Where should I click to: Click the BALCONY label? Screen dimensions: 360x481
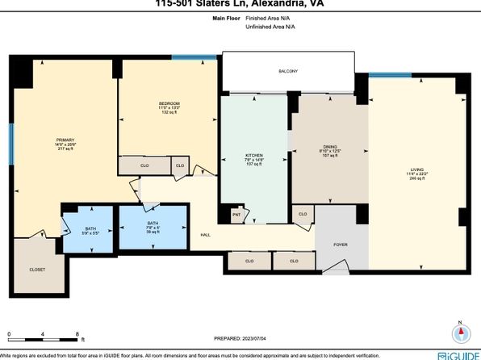pos(288,72)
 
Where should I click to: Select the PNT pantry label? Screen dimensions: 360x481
pos(237,215)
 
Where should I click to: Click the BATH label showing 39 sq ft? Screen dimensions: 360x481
pos(153,224)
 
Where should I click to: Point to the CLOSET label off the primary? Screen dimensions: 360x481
pos(37,269)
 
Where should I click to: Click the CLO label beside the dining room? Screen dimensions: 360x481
pos(303,214)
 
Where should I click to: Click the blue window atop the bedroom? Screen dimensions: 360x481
pos(196,57)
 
